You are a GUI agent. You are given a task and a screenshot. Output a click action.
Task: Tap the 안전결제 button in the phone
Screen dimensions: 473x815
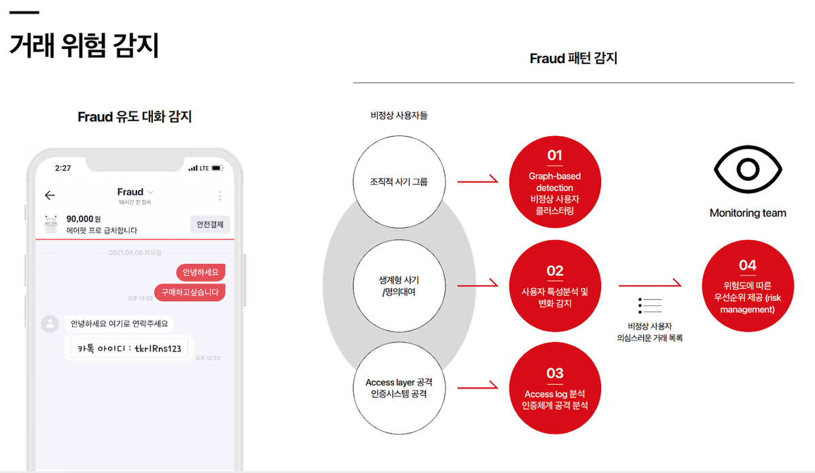pos(210,224)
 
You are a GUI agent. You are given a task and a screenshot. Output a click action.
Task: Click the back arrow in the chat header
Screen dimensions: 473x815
pos(50,196)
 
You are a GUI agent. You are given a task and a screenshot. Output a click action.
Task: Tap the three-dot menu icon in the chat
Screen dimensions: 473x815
pos(219,196)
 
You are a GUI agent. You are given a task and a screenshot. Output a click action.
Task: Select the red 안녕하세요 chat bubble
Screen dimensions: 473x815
pos(201,273)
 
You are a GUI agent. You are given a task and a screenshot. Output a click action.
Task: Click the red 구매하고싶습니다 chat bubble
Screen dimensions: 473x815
pos(189,292)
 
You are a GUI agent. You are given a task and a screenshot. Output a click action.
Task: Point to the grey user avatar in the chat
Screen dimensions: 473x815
pos(50,323)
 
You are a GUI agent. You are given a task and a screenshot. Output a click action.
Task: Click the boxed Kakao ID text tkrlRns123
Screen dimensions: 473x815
pos(129,347)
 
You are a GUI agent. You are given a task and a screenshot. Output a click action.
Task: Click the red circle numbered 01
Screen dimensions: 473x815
pos(555,183)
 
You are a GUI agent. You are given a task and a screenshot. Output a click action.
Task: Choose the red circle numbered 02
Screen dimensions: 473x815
pos(555,285)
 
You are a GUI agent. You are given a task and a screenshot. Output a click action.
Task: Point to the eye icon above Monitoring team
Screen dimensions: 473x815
pos(748,168)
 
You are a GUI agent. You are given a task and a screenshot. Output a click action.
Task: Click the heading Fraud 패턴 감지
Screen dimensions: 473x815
pos(573,59)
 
